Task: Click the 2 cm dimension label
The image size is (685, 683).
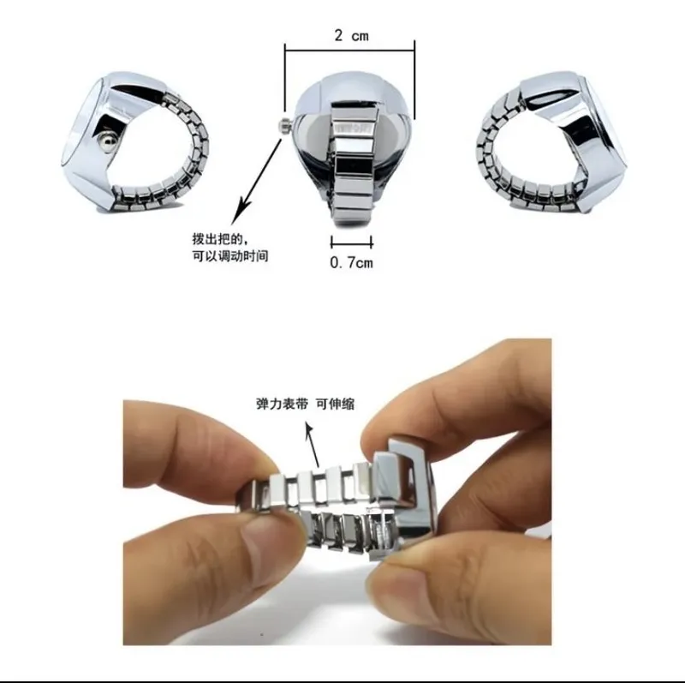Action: tap(351, 35)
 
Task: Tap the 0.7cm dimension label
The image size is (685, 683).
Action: tap(352, 262)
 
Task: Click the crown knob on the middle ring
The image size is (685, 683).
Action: tap(285, 125)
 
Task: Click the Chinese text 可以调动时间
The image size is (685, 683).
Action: tap(230, 255)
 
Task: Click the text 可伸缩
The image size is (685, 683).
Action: tap(335, 404)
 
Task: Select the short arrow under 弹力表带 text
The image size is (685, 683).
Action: tap(313, 444)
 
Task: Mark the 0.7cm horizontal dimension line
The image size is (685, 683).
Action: tap(352, 242)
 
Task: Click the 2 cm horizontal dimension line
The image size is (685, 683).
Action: tap(349, 51)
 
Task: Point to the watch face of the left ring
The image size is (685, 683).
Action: tap(83, 120)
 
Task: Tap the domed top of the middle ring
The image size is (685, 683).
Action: tap(352, 99)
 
